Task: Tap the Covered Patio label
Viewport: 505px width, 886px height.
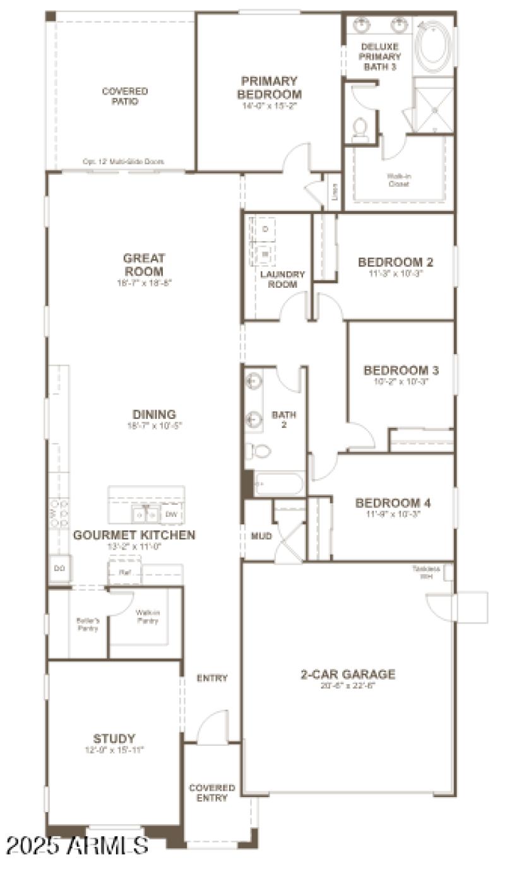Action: (x=125, y=96)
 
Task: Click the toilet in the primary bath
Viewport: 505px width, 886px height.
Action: (x=360, y=128)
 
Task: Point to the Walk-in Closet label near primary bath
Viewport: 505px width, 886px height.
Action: (x=398, y=180)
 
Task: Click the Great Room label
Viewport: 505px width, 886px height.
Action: (x=144, y=264)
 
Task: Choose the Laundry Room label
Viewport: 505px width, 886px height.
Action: (x=282, y=279)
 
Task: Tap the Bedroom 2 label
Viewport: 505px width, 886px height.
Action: (x=396, y=262)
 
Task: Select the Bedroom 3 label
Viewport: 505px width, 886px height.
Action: (x=401, y=370)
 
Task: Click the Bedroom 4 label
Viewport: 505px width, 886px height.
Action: (x=393, y=503)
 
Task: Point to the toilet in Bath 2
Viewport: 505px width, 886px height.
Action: (x=258, y=451)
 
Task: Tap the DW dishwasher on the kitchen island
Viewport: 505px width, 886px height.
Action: (x=171, y=514)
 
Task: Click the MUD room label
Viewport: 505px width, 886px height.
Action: (x=261, y=536)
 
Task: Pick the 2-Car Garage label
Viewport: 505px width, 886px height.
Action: (x=348, y=674)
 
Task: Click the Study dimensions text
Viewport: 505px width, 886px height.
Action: (x=114, y=750)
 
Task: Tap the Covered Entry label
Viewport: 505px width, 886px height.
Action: (x=212, y=793)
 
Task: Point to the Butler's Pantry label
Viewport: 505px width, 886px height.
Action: (x=87, y=624)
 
